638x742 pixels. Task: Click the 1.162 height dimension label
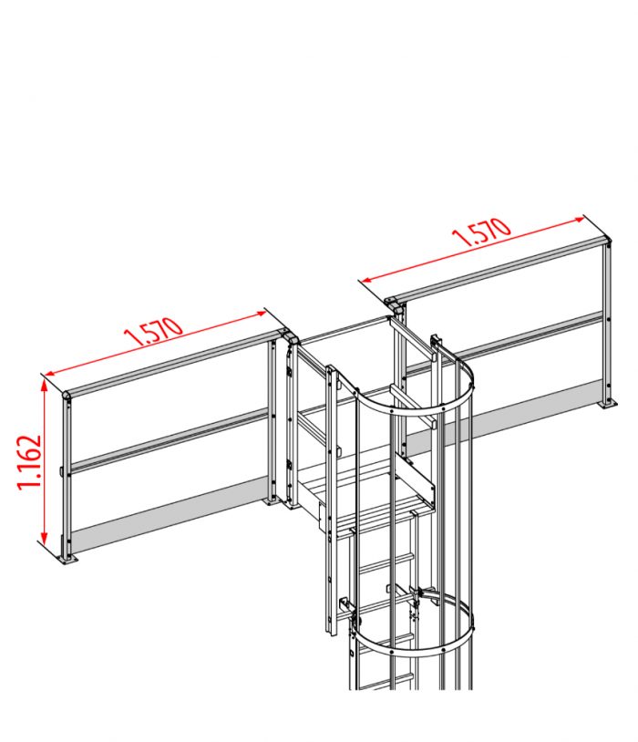click(x=29, y=461)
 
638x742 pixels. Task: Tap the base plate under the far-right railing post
click(x=603, y=404)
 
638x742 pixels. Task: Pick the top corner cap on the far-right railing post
click(x=604, y=242)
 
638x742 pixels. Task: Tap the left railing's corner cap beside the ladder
click(x=291, y=336)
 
